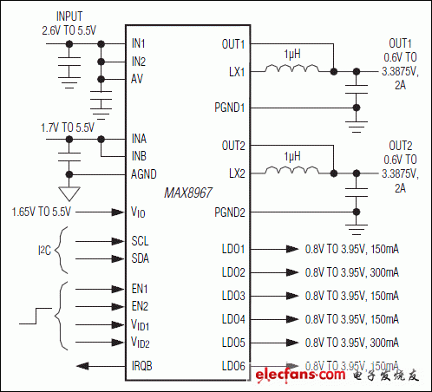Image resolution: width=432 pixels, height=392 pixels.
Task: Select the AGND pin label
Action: click(x=145, y=173)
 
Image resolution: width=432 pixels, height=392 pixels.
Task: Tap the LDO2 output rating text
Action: click(x=351, y=272)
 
